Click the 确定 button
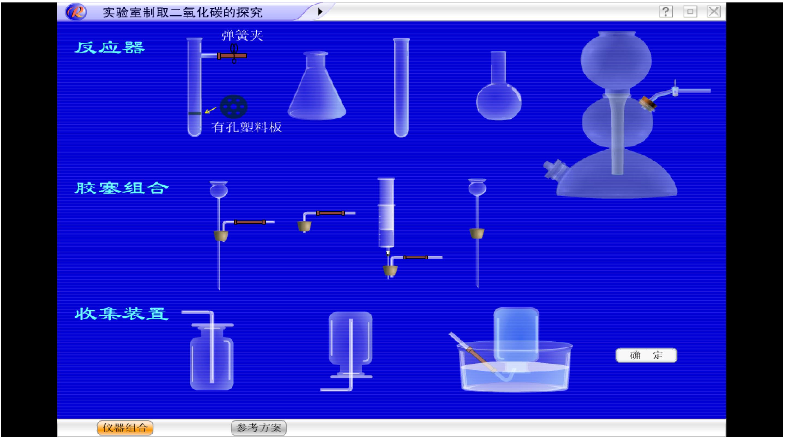click(646, 355)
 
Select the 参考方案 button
click(259, 428)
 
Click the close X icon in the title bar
click(714, 12)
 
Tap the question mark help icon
click(666, 12)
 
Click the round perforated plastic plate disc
click(234, 106)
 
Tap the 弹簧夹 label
click(242, 36)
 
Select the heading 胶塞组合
click(122, 188)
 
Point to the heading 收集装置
click(122, 314)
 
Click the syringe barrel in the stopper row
click(387, 213)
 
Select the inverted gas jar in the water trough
click(516, 335)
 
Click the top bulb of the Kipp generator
click(616, 59)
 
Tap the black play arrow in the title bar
click(320, 12)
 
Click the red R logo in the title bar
click(76, 12)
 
